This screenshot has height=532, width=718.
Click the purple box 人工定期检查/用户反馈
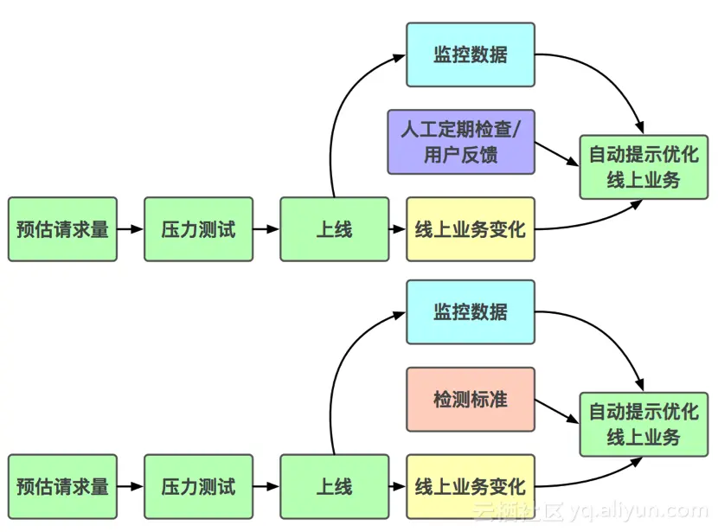tap(461, 142)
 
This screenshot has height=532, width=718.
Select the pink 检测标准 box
tap(471, 399)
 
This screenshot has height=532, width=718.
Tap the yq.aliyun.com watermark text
tap(645, 511)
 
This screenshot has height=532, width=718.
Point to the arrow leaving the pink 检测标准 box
tap(557, 409)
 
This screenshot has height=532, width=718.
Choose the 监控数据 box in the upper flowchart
tap(471, 54)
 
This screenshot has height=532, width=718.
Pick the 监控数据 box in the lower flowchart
tap(471, 311)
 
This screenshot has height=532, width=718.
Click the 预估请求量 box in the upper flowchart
tap(62, 229)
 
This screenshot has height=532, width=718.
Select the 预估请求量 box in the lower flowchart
tap(62, 486)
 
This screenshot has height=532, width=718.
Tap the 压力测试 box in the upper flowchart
tap(198, 229)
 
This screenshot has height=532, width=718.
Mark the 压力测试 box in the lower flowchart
tap(198, 486)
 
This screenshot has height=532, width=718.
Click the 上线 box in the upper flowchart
tap(334, 229)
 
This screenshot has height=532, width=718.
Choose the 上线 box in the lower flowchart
tap(334, 486)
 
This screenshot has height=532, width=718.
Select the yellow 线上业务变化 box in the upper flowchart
tap(471, 229)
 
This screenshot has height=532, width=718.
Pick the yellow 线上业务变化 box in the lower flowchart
tap(471, 486)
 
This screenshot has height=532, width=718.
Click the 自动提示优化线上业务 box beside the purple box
tap(644, 168)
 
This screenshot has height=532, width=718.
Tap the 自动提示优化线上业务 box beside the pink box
tap(644, 425)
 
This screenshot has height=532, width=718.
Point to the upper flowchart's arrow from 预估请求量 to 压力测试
tap(130, 229)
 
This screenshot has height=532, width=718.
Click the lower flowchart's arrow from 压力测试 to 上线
tap(266, 486)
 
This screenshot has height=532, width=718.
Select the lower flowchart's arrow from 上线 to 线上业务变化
tap(397, 486)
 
